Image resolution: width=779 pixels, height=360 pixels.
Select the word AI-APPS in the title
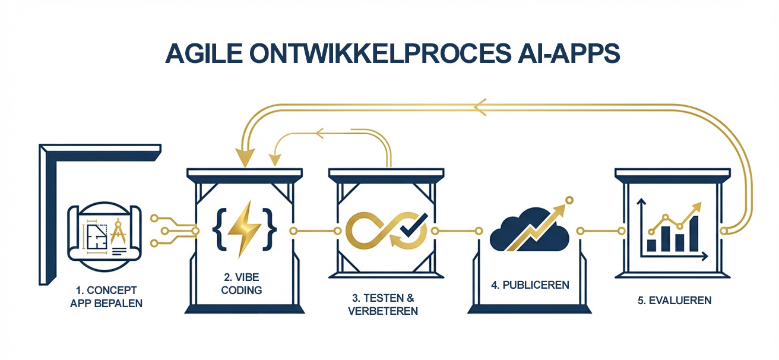click(567, 53)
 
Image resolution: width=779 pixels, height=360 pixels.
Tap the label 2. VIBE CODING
click(240, 284)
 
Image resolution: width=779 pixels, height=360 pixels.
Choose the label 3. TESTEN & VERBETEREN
click(382, 304)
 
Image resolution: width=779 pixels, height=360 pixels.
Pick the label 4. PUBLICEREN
click(530, 285)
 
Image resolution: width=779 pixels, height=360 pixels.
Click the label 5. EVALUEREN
click(674, 300)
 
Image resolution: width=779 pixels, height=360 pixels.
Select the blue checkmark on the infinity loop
click(408, 226)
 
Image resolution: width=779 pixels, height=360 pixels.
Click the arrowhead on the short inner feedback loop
click(321, 133)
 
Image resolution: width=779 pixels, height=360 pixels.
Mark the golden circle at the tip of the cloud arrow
click(569, 200)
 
